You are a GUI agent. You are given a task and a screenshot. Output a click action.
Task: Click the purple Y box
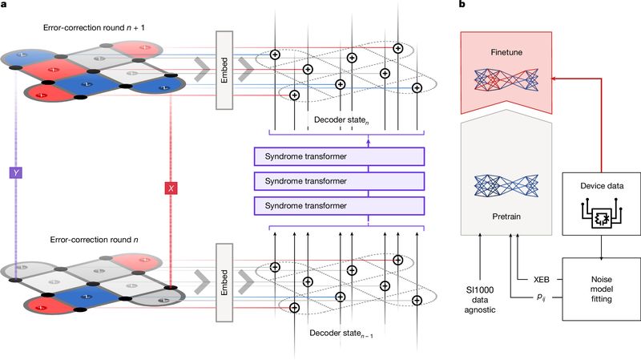click(x=14, y=172)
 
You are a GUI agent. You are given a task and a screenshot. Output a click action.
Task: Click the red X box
click(x=170, y=188)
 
